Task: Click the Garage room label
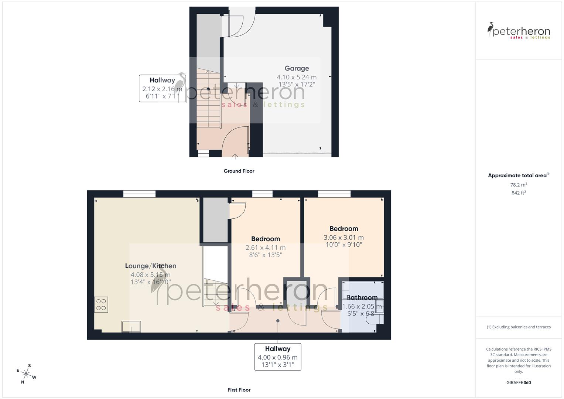[x=297, y=68]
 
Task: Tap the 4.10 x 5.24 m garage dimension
[x=297, y=77]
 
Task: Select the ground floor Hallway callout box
[x=162, y=88]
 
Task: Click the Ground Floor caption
[x=239, y=171]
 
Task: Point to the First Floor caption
[x=239, y=390]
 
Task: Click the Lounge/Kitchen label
[x=150, y=266]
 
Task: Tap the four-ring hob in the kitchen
[x=101, y=305]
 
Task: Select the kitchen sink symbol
[x=131, y=327]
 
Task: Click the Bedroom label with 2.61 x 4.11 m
[x=265, y=239]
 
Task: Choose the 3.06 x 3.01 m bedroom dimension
[x=343, y=238]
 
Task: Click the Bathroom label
[x=362, y=297]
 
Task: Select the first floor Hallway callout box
[x=277, y=357]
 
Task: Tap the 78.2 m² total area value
[x=519, y=185]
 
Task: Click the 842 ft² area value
[x=519, y=193]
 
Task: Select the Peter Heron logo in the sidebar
[x=519, y=31]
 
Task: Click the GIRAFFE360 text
[x=519, y=383]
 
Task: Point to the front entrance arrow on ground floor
[x=235, y=156]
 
